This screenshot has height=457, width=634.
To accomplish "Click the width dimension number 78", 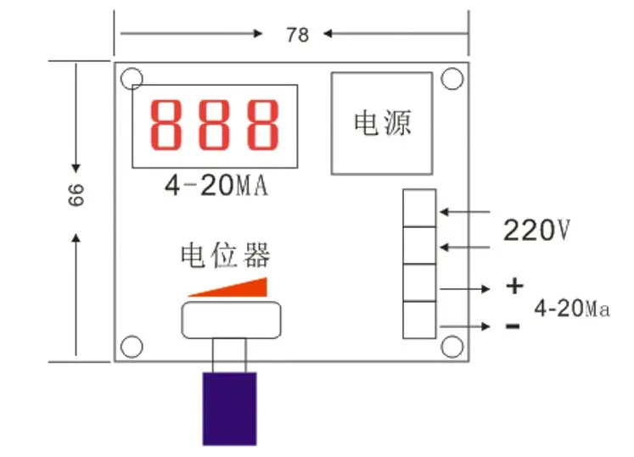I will click(x=297, y=35).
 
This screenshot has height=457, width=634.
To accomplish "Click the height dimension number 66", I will click(x=76, y=196).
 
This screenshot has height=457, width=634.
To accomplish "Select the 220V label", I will click(x=536, y=230).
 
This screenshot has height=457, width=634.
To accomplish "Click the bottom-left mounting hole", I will click(x=132, y=346).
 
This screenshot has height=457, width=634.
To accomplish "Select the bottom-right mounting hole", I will click(x=452, y=346).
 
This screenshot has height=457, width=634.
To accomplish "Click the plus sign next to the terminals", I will click(x=514, y=286).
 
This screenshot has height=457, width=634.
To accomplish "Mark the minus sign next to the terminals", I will click(x=513, y=326).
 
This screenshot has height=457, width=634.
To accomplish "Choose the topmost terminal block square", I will click(x=420, y=209).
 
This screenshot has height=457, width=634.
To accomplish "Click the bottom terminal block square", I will click(x=420, y=320).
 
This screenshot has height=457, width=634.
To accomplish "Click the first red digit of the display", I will click(x=168, y=123).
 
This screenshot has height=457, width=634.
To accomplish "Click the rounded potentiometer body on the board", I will click(x=232, y=318).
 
